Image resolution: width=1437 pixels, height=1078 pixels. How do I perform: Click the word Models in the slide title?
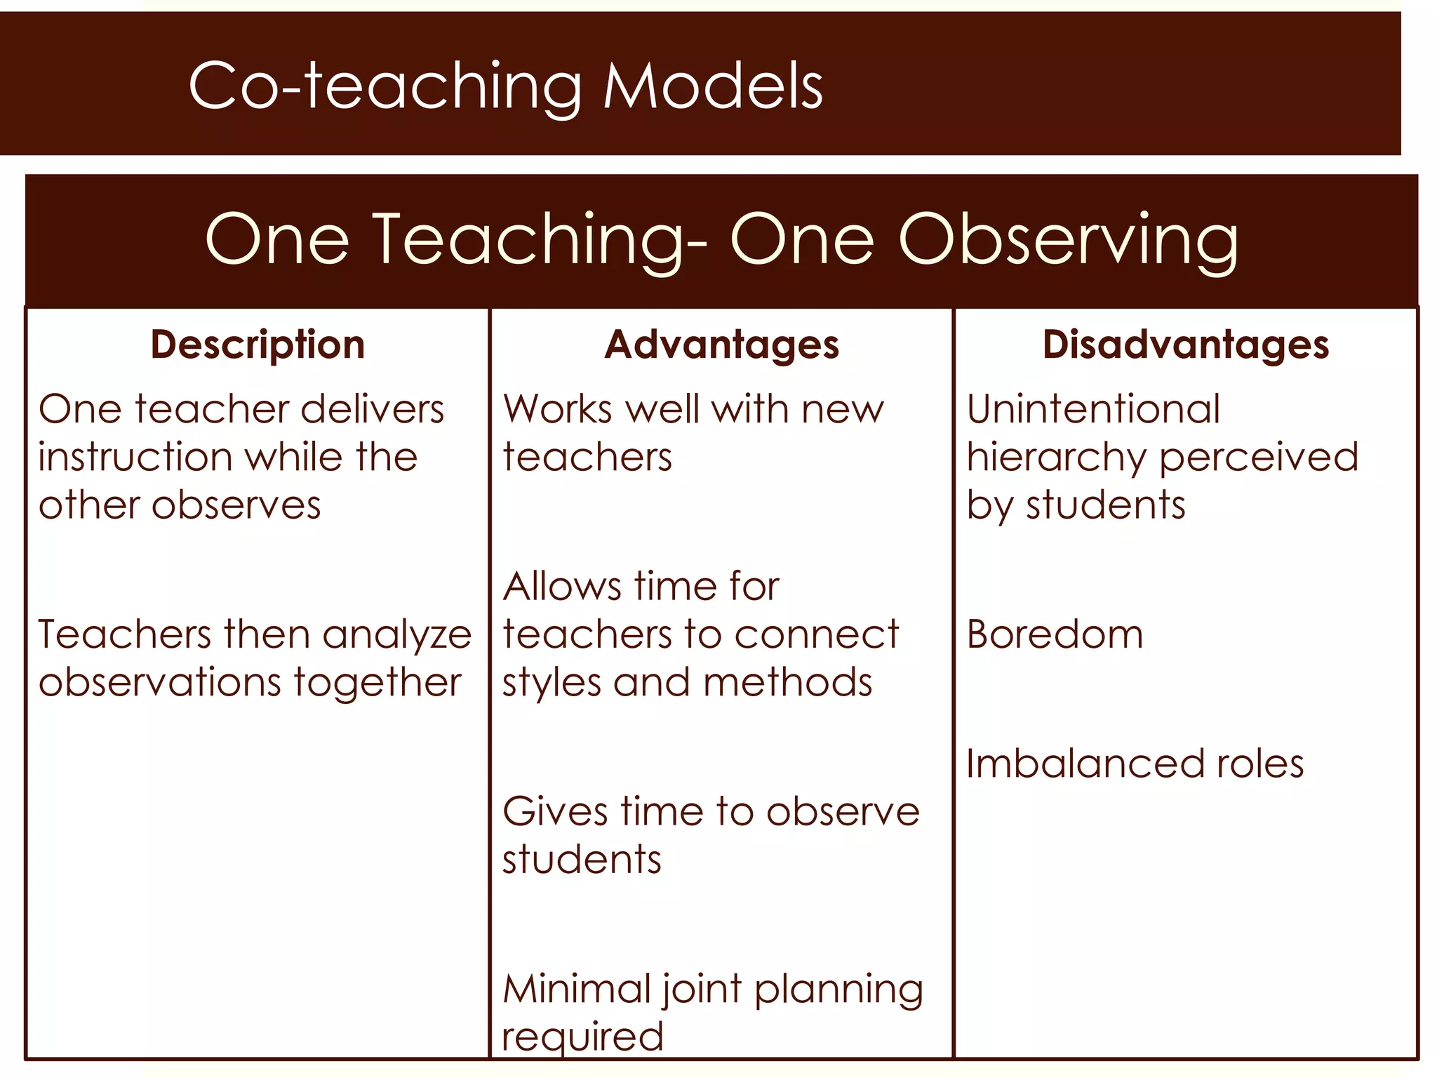(712, 86)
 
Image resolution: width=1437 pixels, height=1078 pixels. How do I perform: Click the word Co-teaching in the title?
(385, 87)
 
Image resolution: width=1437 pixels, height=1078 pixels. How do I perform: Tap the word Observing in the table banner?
(1068, 240)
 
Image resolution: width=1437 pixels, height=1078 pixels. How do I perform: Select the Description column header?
(258, 345)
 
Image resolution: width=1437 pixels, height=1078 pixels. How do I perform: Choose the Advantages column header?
(721, 345)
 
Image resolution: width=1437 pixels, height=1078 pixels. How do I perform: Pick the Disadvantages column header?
(1185, 345)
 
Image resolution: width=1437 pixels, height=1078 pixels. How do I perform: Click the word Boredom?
(1055, 634)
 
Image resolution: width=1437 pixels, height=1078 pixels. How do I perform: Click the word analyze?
(397, 636)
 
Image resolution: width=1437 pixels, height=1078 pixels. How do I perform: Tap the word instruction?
(135, 457)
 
